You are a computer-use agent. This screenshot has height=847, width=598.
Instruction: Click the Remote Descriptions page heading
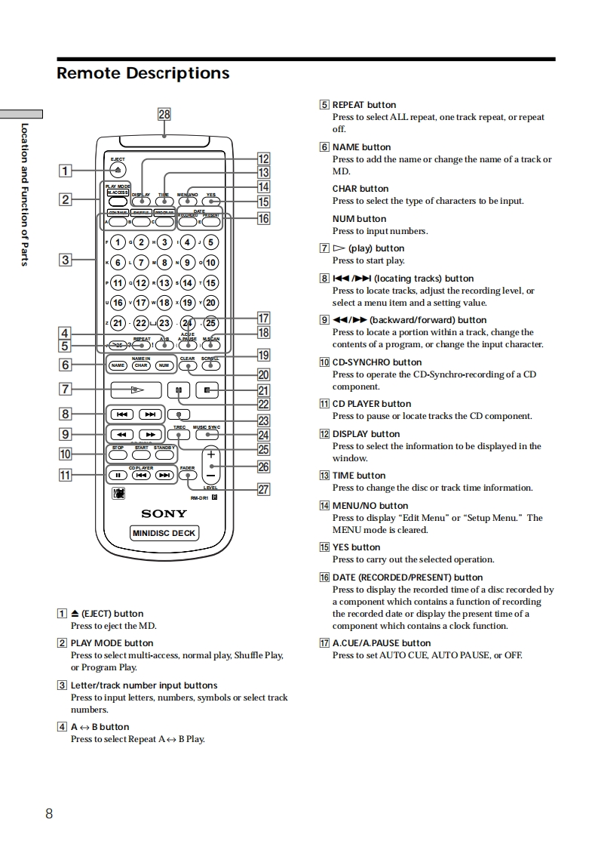point(143,73)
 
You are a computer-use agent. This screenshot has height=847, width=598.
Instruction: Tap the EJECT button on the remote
point(118,170)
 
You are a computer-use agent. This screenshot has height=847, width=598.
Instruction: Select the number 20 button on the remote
point(210,303)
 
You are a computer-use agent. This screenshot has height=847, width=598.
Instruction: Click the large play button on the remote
point(136,390)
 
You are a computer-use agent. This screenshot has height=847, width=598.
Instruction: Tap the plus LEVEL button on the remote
point(211,455)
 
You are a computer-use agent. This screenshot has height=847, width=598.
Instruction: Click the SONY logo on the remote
point(164,514)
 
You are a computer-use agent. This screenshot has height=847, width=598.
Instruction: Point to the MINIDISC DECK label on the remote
point(164,533)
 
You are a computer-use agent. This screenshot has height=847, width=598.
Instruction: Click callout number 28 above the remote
point(164,114)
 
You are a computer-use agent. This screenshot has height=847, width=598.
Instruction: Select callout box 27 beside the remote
point(263,490)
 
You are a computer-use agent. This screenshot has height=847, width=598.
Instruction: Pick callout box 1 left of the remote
point(66,171)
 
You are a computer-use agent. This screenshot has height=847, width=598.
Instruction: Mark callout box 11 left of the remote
point(66,476)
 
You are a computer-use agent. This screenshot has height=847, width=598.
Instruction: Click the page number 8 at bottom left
point(49,813)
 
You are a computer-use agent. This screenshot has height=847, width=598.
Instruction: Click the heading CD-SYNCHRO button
point(377,362)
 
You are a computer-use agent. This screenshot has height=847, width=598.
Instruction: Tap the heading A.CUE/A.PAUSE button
point(382,643)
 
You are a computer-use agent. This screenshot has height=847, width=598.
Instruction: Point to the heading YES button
point(356,547)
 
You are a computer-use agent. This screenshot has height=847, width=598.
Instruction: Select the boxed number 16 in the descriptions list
point(324,577)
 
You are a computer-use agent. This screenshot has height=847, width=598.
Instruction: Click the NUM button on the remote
point(164,365)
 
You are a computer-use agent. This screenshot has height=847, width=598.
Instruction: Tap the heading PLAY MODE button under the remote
point(112,643)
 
